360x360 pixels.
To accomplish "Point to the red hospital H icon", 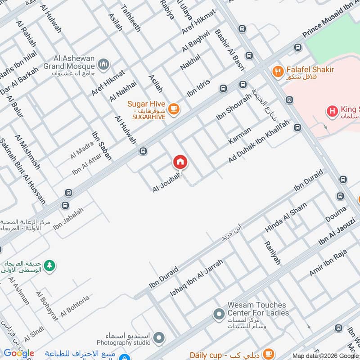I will (x=332, y=110).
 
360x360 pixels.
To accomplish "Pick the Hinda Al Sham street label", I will (x=286, y=217).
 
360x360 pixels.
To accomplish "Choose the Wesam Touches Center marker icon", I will (x=219, y=314).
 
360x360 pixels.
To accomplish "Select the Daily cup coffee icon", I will (x=269, y=354).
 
